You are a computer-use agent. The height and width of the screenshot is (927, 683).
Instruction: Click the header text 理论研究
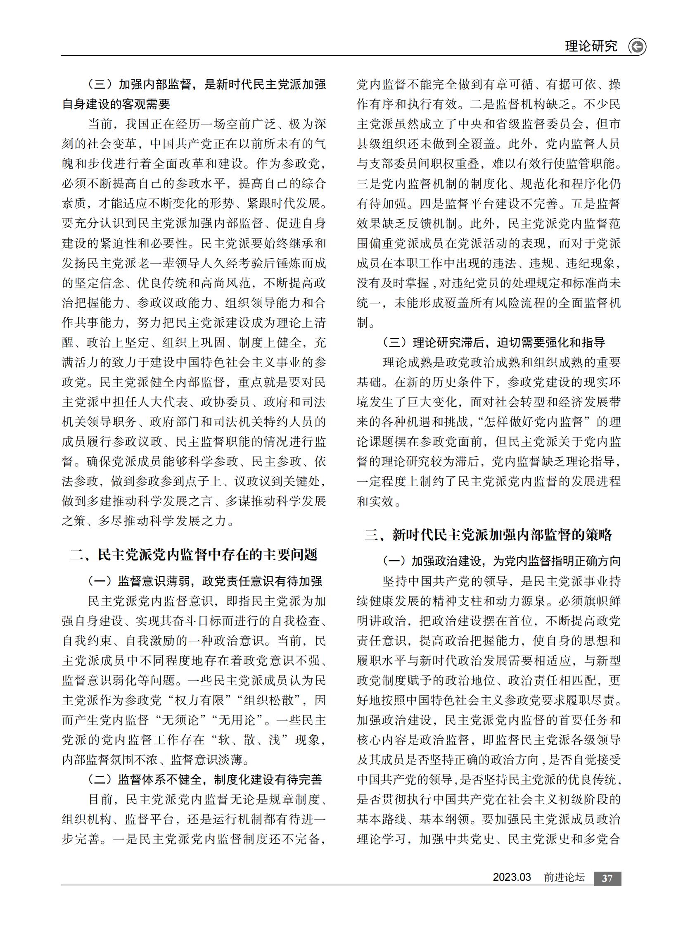(591, 46)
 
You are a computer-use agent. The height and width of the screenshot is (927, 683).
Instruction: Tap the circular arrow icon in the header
(637, 46)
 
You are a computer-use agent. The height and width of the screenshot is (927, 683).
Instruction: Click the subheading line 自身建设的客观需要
(116, 104)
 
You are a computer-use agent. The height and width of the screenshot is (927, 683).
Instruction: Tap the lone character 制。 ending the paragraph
(366, 323)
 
